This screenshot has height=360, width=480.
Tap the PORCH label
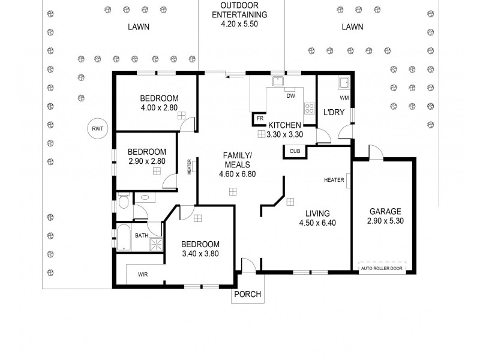247,293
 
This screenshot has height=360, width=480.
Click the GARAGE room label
385,211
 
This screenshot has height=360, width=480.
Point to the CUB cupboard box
294,151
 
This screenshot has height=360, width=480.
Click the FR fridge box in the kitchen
260,119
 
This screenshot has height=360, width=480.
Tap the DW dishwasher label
290,96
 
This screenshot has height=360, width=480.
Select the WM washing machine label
344,97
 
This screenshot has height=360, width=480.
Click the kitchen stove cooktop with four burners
310,109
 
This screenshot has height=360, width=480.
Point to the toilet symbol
124,202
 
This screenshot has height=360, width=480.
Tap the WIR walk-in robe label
142,274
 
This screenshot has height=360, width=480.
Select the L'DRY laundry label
334,113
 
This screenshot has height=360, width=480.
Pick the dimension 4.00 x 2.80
159,108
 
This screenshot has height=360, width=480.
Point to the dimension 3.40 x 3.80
200,253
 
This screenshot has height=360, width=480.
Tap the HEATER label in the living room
334,180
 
